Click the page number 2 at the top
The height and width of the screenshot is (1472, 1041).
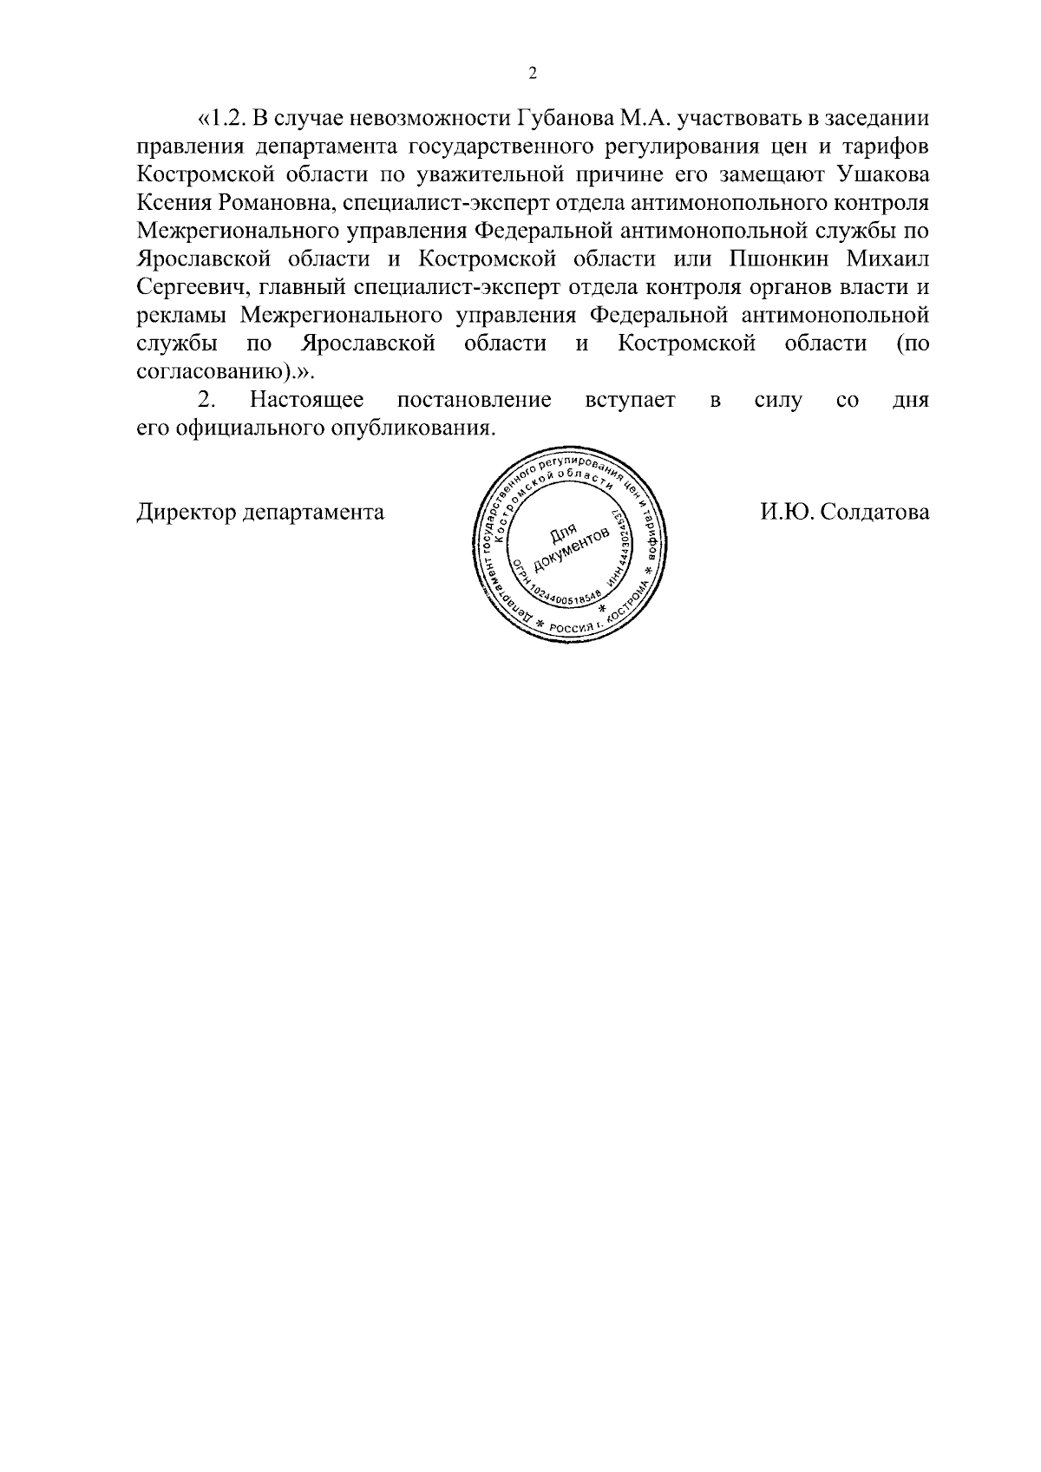533,74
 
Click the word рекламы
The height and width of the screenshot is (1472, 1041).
184,316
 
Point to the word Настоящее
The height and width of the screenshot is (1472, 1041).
306,401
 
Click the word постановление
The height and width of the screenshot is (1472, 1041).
474,401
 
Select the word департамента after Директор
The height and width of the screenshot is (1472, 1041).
313,513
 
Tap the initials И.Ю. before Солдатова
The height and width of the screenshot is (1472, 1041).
786,513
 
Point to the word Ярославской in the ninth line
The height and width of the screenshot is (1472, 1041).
369,344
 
